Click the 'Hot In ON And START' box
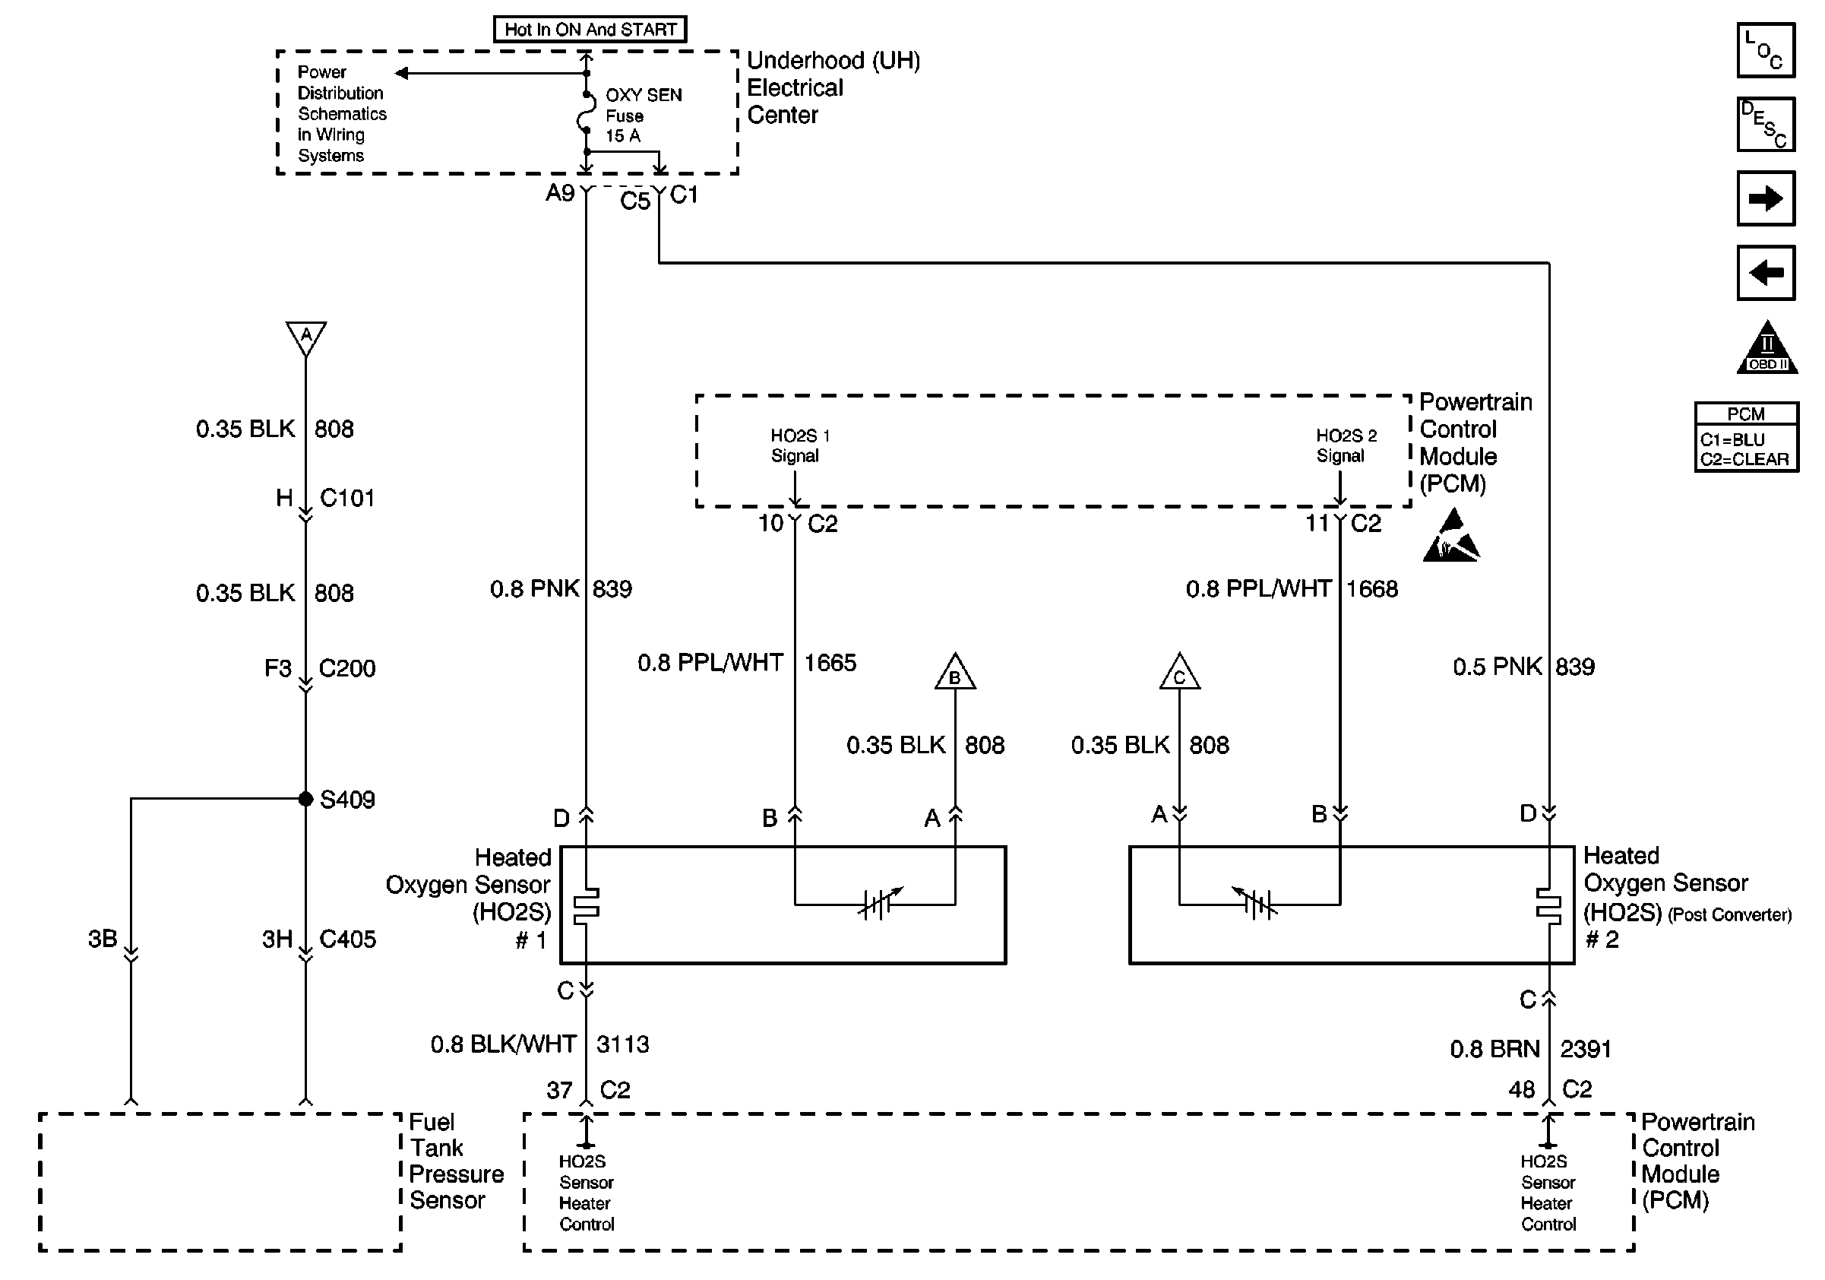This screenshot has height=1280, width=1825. click(590, 30)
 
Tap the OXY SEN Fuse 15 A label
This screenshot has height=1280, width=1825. click(642, 116)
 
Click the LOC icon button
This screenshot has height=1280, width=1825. click(1766, 50)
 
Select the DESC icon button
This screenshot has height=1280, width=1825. click(1766, 124)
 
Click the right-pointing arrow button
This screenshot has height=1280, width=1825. click(1766, 198)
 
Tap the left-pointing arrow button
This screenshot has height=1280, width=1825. click(1766, 273)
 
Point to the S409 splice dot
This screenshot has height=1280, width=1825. click(305, 799)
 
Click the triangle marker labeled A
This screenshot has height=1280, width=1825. click(306, 337)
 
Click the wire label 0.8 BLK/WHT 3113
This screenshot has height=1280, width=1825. click(539, 1044)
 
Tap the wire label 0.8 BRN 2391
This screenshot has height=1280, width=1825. click(1530, 1049)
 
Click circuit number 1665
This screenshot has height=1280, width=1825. click(830, 662)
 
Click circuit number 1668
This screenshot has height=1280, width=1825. click(1372, 588)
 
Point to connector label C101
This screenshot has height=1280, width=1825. click(346, 498)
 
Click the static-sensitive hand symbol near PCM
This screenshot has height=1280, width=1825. click(1451, 537)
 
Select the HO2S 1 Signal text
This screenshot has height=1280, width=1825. click(799, 445)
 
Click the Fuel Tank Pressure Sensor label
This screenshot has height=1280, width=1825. click(455, 1161)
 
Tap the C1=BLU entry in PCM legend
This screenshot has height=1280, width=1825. click(1733, 439)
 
